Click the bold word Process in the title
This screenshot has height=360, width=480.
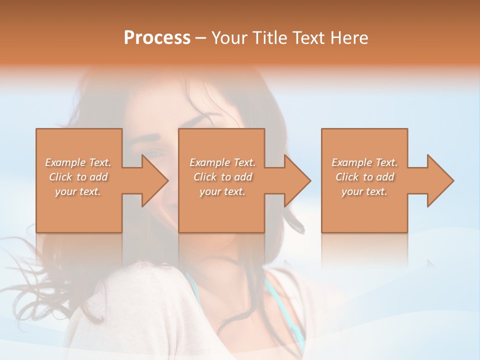[x=157, y=38]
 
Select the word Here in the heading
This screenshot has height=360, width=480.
[x=349, y=38]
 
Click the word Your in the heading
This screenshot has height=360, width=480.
[x=228, y=38]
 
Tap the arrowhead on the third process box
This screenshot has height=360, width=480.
[x=439, y=180]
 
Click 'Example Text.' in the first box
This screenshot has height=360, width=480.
[x=78, y=162]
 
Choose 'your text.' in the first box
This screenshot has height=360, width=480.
[x=78, y=191]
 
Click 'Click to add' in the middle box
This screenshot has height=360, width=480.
[x=222, y=177]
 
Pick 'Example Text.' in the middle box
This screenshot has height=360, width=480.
[x=222, y=162]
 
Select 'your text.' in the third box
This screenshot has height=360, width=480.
[x=364, y=191]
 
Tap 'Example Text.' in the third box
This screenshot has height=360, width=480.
[x=364, y=162]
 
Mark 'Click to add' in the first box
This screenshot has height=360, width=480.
[x=78, y=177]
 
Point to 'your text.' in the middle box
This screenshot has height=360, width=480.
[x=222, y=191]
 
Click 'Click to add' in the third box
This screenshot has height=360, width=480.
[x=364, y=177]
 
